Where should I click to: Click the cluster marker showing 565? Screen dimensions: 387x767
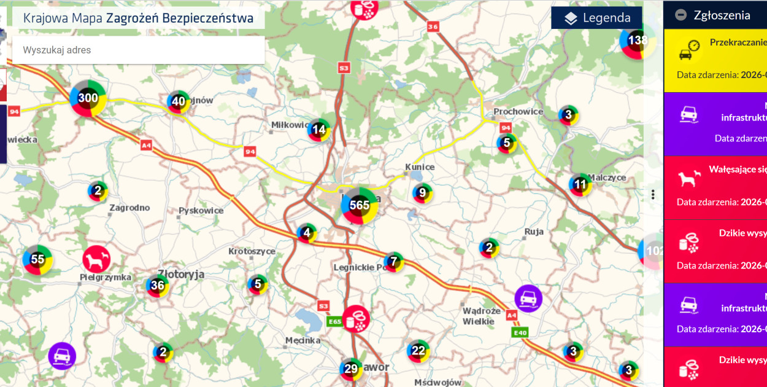(x=360, y=205)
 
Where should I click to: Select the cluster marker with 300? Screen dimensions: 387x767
(x=88, y=98)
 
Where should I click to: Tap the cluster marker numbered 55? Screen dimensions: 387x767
(x=37, y=259)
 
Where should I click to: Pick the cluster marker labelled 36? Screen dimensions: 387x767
(x=157, y=285)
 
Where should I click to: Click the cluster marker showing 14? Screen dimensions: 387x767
(x=318, y=130)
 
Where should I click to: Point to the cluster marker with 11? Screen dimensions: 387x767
(x=580, y=184)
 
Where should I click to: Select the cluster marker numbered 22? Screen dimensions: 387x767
(x=418, y=351)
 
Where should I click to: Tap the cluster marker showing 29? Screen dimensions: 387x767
(x=351, y=369)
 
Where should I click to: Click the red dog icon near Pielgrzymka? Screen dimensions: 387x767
(x=96, y=259)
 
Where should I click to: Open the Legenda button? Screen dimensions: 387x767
(x=596, y=18)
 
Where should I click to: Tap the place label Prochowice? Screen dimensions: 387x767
(x=518, y=112)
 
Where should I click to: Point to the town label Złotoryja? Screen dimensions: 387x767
(x=181, y=274)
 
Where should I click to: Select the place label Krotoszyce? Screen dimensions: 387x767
(x=252, y=251)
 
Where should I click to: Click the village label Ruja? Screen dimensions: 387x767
(x=534, y=232)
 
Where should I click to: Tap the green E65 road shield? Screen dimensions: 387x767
(x=334, y=321)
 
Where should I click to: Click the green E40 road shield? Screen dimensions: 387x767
(x=520, y=332)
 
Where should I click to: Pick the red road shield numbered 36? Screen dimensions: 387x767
(x=433, y=26)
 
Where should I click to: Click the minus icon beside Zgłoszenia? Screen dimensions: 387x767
(x=680, y=15)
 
